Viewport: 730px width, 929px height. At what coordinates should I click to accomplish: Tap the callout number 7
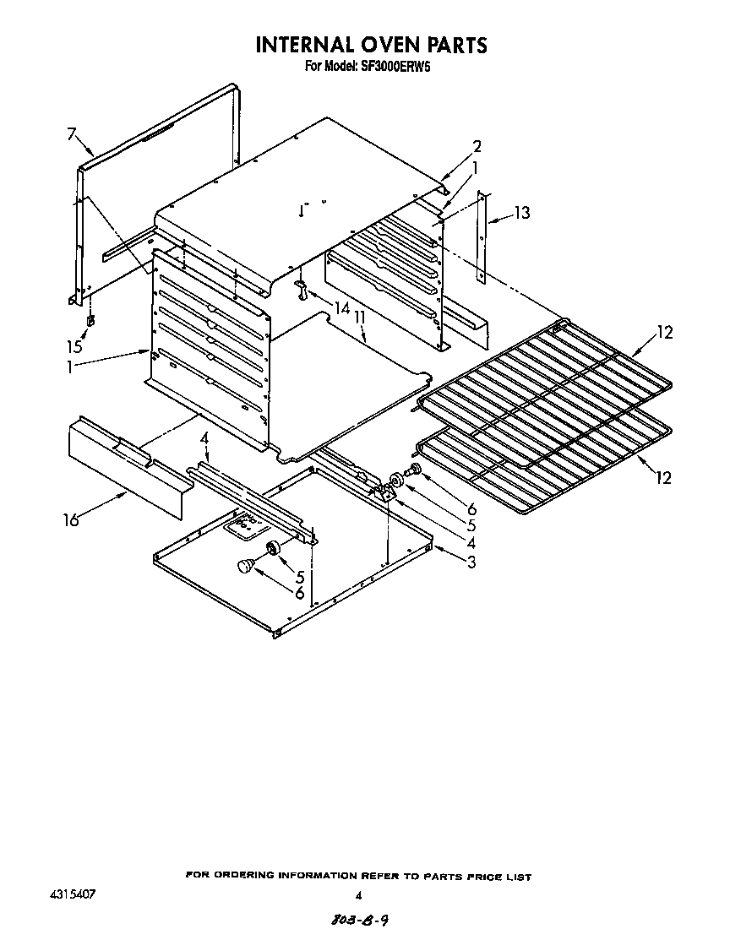click(72, 133)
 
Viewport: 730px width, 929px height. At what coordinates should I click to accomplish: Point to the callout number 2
click(477, 145)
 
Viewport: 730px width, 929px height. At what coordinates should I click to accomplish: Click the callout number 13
click(522, 213)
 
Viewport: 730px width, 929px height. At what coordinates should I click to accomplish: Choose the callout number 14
click(341, 308)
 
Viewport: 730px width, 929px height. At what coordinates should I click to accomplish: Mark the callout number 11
click(361, 318)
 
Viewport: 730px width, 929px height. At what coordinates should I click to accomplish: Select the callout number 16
click(71, 520)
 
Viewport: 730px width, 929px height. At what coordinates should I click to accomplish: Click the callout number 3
click(471, 562)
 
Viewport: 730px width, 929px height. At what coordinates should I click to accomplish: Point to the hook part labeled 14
click(301, 290)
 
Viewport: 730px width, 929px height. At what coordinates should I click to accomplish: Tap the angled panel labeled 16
click(127, 469)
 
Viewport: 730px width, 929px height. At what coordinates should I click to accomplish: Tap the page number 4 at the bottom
click(358, 896)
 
